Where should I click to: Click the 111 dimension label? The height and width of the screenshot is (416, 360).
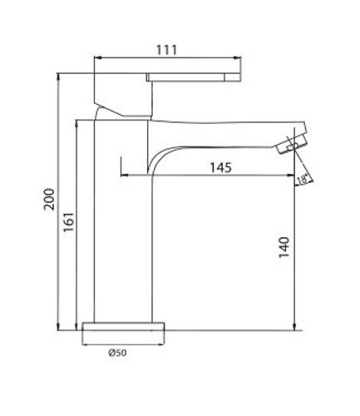tap(166, 50)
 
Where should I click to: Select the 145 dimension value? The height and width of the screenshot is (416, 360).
tap(220, 167)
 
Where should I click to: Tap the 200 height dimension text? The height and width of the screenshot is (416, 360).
tap(50, 199)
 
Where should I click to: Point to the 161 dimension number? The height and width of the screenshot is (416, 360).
tap(69, 222)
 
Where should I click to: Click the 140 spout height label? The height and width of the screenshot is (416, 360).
tap(284, 247)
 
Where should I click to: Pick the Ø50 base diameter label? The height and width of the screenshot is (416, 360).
tap(117, 353)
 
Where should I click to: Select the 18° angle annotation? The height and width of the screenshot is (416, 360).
tap(302, 179)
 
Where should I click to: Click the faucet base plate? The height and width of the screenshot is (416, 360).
tap(123, 326)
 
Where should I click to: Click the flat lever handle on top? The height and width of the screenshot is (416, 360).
tap(194, 77)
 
